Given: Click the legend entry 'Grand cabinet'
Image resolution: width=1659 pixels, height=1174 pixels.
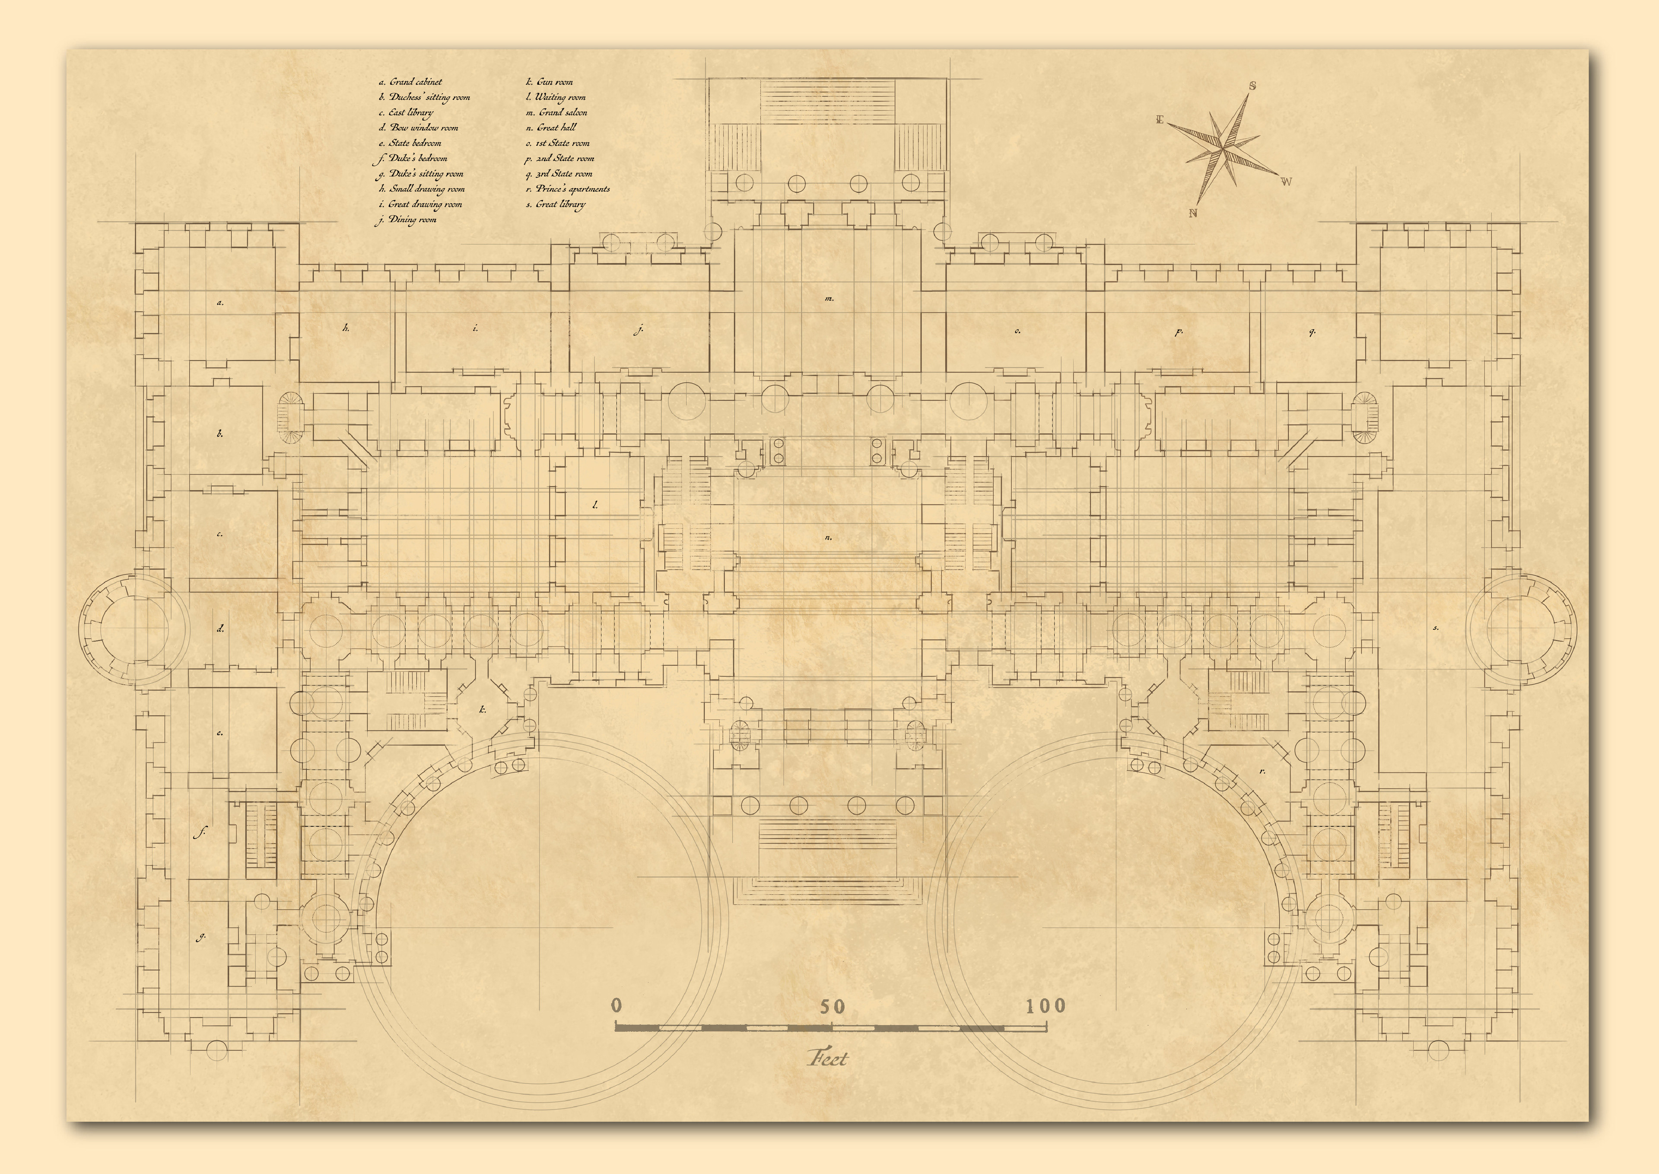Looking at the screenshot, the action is click(x=416, y=82).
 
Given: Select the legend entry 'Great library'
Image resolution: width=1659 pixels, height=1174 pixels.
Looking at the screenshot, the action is click(x=561, y=204).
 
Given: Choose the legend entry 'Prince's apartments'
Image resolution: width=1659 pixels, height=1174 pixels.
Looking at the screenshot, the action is click(x=573, y=189).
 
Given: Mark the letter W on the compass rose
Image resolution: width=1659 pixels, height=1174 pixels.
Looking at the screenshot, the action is click(x=1286, y=182).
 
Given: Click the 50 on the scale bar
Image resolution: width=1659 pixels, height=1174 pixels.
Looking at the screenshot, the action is click(x=832, y=1006).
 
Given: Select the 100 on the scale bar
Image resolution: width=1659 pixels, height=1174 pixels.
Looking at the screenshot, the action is click(x=1046, y=1005).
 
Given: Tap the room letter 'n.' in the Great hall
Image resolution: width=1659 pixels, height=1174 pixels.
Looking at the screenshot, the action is click(x=828, y=538).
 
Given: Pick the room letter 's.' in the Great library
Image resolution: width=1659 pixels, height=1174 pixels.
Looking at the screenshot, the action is click(x=1436, y=628).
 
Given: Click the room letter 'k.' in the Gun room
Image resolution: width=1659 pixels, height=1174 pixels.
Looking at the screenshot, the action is click(x=483, y=709).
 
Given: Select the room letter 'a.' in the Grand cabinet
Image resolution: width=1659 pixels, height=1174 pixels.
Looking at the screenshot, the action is click(x=220, y=303).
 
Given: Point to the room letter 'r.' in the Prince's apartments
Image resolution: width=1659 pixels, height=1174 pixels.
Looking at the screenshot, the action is click(x=1262, y=771).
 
